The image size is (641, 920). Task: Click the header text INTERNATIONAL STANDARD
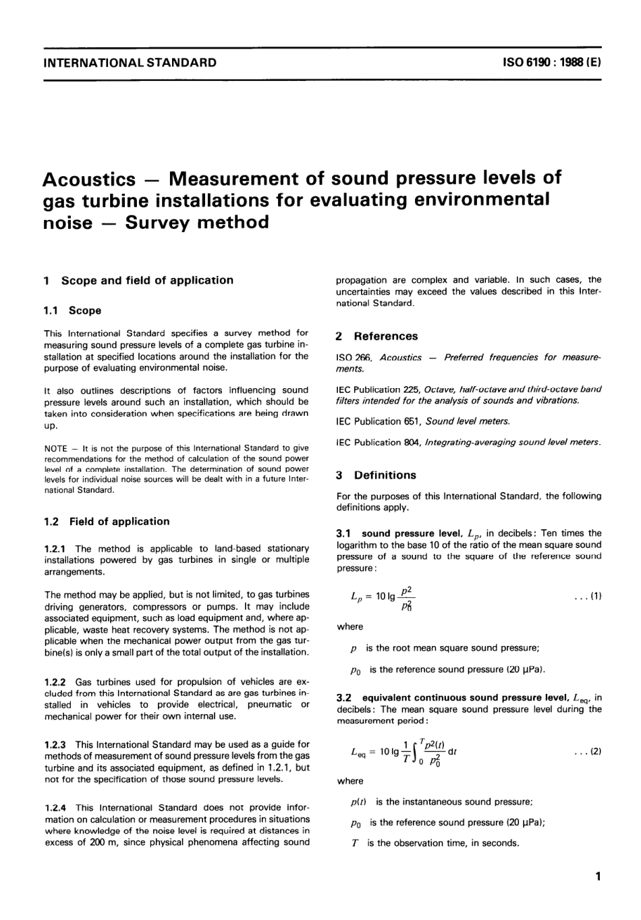pyautogui.click(x=130, y=63)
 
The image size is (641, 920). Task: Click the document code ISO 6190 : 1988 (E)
pyautogui.click(x=552, y=63)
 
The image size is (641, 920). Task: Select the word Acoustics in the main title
pyautogui.click(x=88, y=180)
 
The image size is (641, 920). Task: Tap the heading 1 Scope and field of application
pyautogui.click(x=138, y=280)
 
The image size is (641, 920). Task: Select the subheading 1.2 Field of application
pyautogui.click(x=107, y=521)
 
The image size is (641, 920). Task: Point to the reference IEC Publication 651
pyautogui.click(x=379, y=421)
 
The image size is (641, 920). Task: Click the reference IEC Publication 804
pyautogui.click(x=379, y=442)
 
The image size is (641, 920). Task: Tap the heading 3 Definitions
pyautogui.click(x=376, y=475)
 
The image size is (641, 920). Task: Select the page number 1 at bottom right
pyautogui.click(x=597, y=877)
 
